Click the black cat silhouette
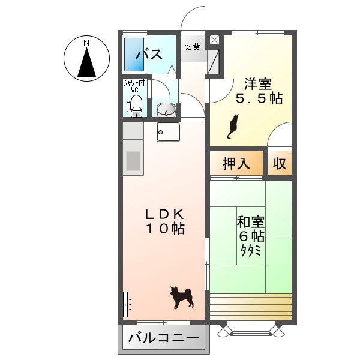[232, 127]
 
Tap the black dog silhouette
[182, 296]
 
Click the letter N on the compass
[86, 43]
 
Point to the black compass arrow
[87, 63]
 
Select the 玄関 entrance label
[192, 47]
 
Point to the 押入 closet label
[236, 163]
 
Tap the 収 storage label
[279, 163]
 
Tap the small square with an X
[214, 40]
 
